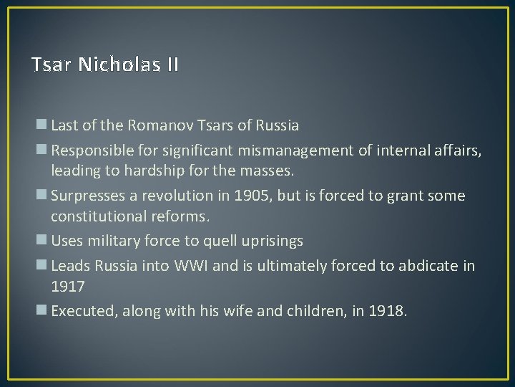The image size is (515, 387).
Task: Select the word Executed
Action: click(79, 312)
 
